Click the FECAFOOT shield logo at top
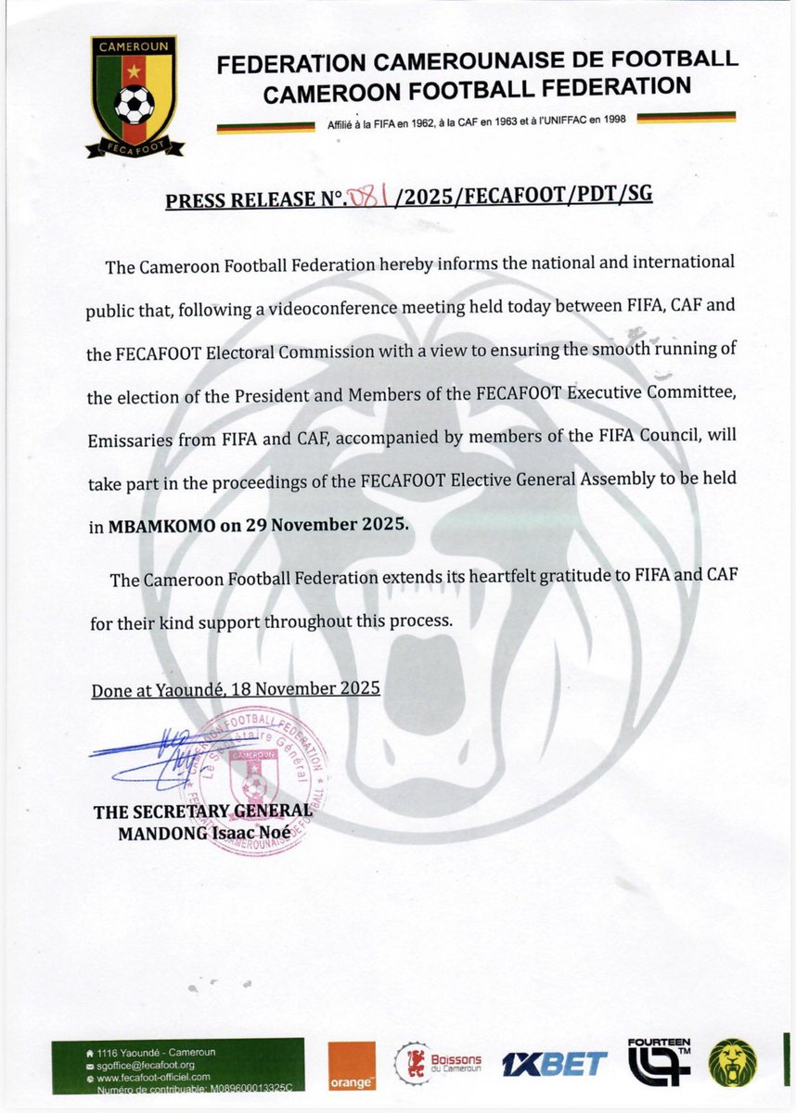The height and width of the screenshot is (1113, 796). (x=135, y=96)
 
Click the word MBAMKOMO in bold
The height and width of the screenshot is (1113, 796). (x=163, y=524)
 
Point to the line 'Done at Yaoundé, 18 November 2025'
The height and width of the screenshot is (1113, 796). (x=236, y=690)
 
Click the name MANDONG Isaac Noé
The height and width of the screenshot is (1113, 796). (x=203, y=833)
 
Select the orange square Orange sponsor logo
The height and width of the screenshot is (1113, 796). (x=352, y=1066)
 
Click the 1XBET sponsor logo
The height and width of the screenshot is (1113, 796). (x=554, y=1065)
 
